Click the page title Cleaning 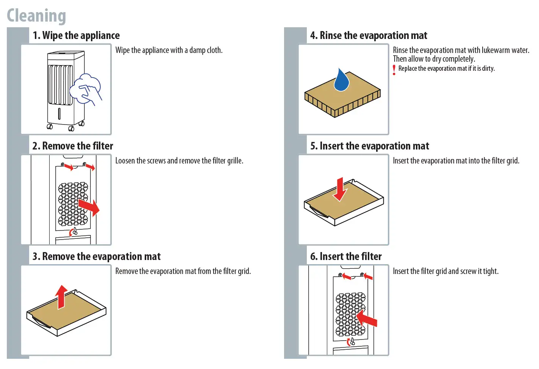coord(36,16)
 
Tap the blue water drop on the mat coord(341,81)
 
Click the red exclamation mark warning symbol coord(394,70)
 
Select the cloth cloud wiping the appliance coord(88,88)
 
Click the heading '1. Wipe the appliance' coord(76,36)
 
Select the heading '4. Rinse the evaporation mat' coord(369,36)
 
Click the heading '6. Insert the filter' coord(346,257)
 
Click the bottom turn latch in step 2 coord(75,231)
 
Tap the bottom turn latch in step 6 coord(352,342)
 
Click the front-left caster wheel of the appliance coord(50,126)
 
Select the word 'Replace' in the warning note coord(408,69)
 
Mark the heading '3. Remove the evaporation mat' coord(97,257)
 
